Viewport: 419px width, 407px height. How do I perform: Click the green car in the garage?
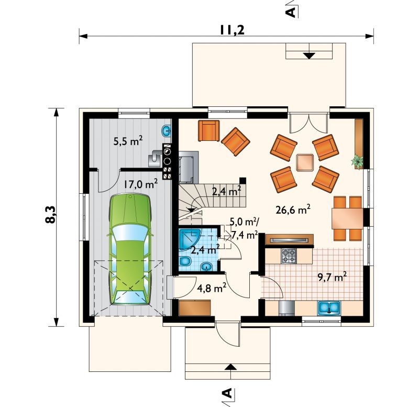point(130,250)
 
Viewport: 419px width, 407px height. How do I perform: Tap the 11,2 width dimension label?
point(232,30)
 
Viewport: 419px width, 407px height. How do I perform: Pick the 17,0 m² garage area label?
point(141,184)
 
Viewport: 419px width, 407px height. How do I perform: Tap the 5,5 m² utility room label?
point(128,141)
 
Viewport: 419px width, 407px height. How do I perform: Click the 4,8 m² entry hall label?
point(212,288)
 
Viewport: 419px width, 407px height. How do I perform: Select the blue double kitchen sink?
point(329,307)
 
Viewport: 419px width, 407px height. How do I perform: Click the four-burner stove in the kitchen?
point(289,256)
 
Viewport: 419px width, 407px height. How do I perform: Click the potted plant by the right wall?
point(357,161)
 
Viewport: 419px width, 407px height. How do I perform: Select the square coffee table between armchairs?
point(305,162)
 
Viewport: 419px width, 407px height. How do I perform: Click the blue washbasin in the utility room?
point(167,131)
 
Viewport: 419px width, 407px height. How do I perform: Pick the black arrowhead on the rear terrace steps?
point(309,56)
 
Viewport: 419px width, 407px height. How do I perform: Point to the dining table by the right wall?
point(347,218)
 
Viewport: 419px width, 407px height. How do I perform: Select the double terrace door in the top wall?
point(308,123)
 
